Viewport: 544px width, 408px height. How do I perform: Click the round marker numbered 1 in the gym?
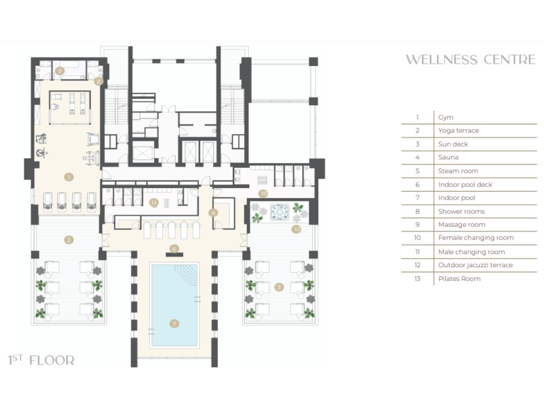(x=69, y=177)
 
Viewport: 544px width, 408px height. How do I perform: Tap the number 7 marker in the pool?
(x=174, y=324)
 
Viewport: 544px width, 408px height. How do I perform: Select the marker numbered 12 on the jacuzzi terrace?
(x=296, y=229)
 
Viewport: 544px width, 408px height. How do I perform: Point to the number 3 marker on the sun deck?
(x=279, y=287)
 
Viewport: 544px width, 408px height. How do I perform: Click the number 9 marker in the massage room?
(x=59, y=71)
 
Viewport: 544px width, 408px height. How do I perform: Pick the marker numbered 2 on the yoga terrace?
(x=69, y=240)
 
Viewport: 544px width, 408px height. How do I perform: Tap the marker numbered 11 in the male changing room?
(x=154, y=202)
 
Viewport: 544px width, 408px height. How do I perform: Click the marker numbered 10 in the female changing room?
(x=263, y=193)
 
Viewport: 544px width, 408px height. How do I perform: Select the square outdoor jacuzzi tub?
(x=279, y=212)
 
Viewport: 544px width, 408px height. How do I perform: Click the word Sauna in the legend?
(x=448, y=157)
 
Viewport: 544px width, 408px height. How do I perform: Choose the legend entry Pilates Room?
(x=460, y=278)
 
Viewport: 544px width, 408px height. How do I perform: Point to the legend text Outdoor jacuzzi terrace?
(x=475, y=265)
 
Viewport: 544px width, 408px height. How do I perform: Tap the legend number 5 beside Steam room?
(x=418, y=171)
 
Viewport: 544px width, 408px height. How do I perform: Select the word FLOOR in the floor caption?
(x=52, y=361)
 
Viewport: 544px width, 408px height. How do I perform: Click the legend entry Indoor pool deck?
(x=465, y=184)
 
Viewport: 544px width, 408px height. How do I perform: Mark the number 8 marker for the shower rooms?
(x=98, y=81)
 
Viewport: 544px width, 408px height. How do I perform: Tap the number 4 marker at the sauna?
(x=214, y=213)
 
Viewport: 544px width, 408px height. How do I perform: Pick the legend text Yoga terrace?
(x=458, y=131)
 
